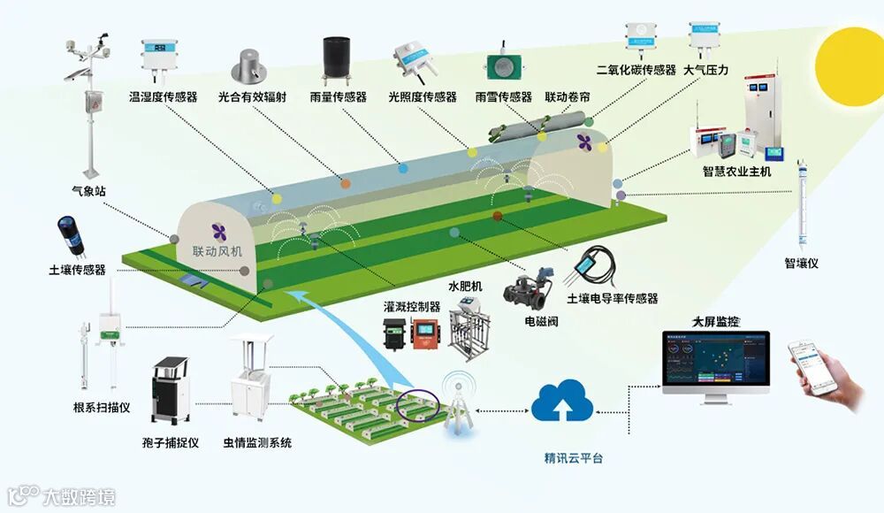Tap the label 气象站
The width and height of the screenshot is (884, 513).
(89, 190)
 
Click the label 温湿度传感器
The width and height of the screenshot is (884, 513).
(164, 96)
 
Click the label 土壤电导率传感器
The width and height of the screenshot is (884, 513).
(613, 299)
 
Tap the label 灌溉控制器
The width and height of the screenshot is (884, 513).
(412, 307)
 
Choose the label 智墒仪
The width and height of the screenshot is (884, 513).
(802, 263)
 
